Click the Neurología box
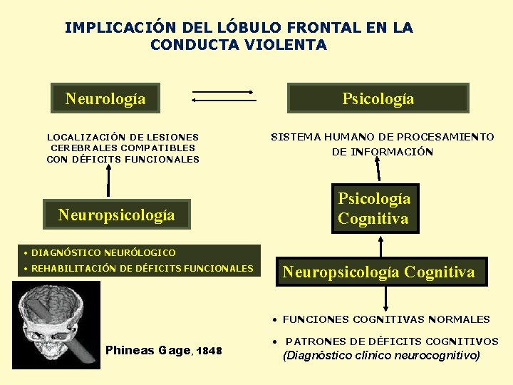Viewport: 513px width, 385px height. (x=105, y=98)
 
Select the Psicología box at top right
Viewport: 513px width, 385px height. (x=378, y=98)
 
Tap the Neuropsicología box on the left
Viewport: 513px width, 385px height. (x=116, y=215)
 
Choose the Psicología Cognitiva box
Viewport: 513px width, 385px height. (x=374, y=209)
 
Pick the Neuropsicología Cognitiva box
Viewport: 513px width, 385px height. (x=378, y=272)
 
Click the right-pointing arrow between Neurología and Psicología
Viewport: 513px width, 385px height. (x=223, y=92)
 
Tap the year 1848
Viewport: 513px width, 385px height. (x=209, y=351)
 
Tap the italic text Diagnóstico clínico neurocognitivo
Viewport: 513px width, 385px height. (x=381, y=355)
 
